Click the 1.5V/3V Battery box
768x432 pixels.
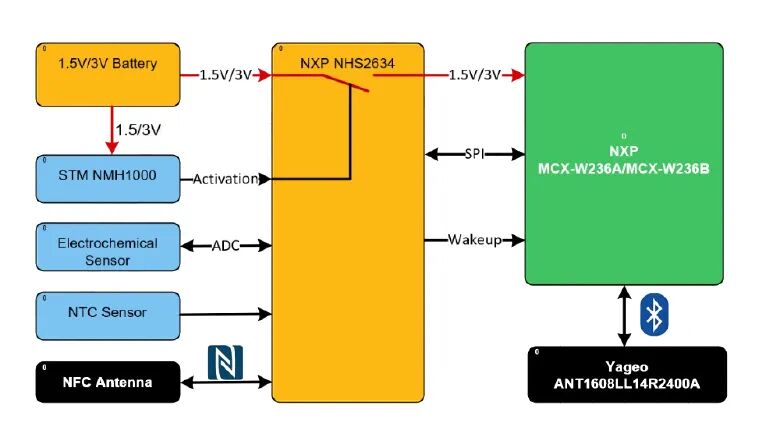click(x=108, y=74)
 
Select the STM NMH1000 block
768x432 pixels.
click(x=108, y=179)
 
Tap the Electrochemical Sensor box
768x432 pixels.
click(x=108, y=247)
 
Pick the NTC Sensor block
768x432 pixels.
click(x=108, y=316)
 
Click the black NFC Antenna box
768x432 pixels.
click(x=108, y=382)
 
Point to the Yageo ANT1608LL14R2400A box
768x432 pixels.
click(x=627, y=375)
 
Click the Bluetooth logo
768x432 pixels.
click(x=654, y=314)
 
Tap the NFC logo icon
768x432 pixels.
click(x=225, y=362)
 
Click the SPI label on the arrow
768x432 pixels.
click(x=474, y=154)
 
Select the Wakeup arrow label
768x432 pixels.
click(x=475, y=240)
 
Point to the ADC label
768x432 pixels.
click(x=226, y=245)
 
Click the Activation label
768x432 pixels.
click(x=225, y=179)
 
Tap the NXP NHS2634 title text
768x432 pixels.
click(x=347, y=63)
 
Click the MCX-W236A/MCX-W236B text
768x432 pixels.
click(x=624, y=168)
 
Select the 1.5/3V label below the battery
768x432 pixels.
click(x=138, y=130)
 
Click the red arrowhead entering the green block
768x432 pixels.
click(x=518, y=75)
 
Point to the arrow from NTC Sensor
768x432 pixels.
click(x=226, y=313)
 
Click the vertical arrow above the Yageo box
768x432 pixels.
click(x=624, y=316)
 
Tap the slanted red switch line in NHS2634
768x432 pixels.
click(x=345, y=83)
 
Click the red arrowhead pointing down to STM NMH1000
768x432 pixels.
click(x=112, y=148)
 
